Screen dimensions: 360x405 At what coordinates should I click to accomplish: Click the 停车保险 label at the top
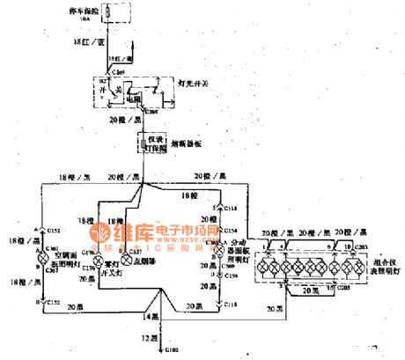[118, 11]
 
